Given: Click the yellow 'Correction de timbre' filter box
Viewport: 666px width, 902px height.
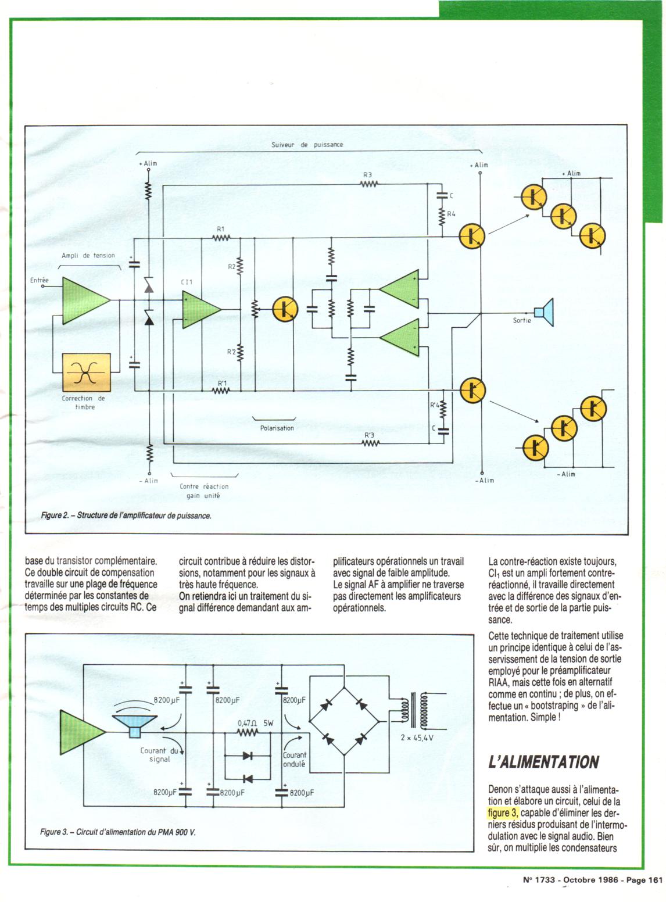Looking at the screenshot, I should click(86, 372).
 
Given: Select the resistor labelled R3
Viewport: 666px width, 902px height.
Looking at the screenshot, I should click(368, 184).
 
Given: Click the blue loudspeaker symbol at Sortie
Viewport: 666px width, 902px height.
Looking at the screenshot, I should click(545, 312).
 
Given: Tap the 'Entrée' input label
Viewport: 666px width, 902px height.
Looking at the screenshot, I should click(40, 280).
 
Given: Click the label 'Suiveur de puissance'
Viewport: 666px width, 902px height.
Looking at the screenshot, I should click(307, 145).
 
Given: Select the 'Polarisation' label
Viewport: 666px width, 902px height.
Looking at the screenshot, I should click(277, 428).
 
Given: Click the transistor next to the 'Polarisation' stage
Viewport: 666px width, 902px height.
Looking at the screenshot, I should click(285, 309).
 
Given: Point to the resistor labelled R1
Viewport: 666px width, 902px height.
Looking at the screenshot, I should click(221, 237).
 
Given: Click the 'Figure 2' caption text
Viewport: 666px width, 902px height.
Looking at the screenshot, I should click(126, 515).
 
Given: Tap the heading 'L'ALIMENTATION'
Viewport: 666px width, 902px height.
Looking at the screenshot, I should click(544, 762).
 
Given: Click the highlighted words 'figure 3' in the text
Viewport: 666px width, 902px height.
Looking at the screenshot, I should click(503, 812).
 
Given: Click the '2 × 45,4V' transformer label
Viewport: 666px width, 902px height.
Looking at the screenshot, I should click(417, 738).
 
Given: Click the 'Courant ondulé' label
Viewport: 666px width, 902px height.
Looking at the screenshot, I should click(295, 760).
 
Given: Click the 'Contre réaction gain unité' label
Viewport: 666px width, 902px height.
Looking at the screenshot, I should click(204, 491).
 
